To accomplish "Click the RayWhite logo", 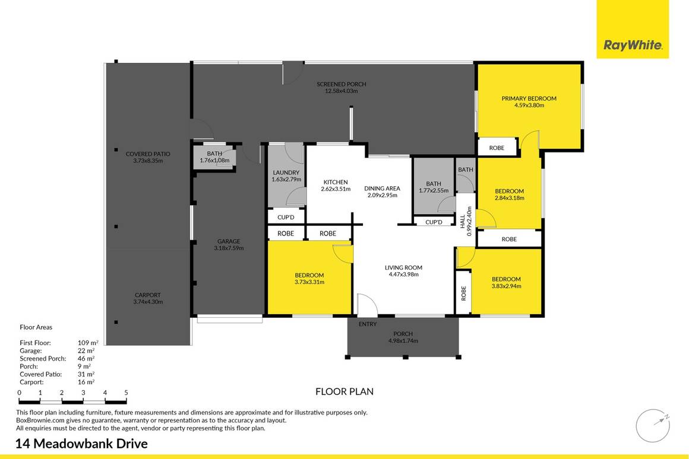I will (633, 45).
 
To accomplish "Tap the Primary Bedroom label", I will (529, 98).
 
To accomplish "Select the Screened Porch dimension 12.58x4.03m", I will (341, 91).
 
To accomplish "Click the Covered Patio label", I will (148, 154).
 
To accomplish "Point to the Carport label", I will (147, 295).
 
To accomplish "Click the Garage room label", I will (228, 241).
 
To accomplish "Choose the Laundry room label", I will (286, 173).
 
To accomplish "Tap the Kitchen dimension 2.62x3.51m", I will (336, 189).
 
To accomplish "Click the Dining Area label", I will (382, 188).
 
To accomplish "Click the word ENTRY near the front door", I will (368, 324).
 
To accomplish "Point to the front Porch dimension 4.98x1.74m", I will (403, 341).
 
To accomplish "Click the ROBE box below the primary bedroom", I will (497, 148).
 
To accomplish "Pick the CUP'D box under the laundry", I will (286, 217).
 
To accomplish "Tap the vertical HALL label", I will (463, 221).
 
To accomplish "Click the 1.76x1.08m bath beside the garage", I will (214, 160).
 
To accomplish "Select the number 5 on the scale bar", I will (126, 393).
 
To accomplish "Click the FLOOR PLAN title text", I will (344, 391).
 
